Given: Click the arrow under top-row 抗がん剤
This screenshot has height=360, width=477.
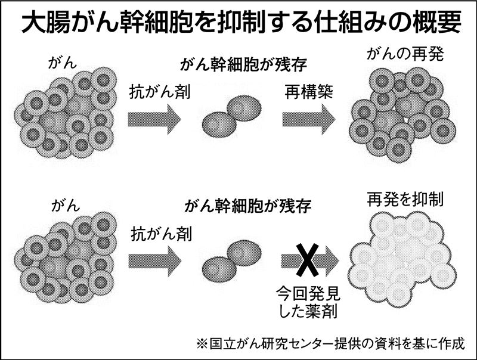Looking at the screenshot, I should [x=154, y=119].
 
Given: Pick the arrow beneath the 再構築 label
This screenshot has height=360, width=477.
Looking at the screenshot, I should [x=309, y=119].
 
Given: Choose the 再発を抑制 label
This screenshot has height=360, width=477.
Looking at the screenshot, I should [x=405, y=199].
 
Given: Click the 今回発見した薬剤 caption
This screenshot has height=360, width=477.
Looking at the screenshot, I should [x=306, y=301].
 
